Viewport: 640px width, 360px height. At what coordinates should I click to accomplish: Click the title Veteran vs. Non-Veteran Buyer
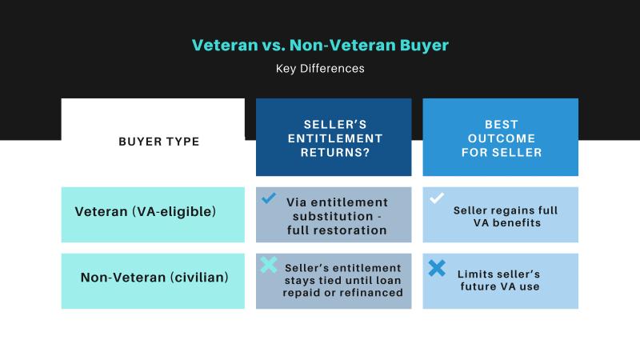tap(320, 45)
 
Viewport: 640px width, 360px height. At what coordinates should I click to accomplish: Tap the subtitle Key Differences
tap(320, 69)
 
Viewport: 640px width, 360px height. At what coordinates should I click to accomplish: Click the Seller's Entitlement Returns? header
tap(333, 138)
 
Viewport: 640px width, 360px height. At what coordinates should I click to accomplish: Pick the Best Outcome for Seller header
tap(500, 138)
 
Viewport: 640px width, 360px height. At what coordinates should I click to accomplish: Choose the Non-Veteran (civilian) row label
tap(154, 278)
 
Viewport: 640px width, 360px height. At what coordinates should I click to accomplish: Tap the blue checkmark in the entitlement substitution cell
tap(269, 198)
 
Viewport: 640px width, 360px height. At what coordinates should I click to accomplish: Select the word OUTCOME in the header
tap(501, 138)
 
